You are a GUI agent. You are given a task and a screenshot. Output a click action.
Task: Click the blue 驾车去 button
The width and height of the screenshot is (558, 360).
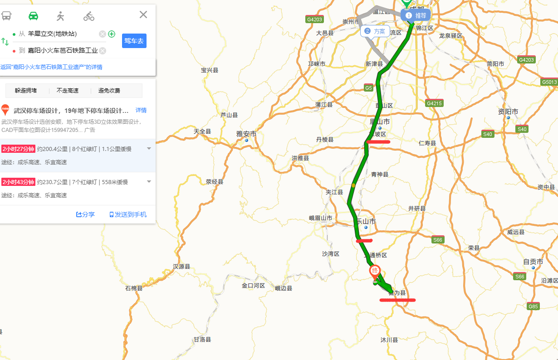tap(134, 41)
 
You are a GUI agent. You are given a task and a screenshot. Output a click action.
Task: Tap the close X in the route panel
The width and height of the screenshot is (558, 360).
tap(143, 15)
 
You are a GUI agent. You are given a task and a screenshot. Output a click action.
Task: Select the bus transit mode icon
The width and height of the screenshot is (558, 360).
tap(6, 16)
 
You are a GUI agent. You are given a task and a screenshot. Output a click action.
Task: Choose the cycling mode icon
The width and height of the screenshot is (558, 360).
tap(89, 16)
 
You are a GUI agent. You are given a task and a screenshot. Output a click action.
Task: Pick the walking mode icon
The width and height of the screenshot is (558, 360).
tap(60, 16)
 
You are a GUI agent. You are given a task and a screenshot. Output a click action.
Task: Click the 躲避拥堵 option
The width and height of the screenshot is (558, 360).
tap(26, 91)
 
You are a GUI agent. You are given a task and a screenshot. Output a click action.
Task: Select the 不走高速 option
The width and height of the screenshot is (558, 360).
tap(68, 91)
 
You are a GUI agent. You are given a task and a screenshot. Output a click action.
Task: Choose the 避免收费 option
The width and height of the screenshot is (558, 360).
tap(109, 91)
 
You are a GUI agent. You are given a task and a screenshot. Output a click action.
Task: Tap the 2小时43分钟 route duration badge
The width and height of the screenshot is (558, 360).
tap(18, 182)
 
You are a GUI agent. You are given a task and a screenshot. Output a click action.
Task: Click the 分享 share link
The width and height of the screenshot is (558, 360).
tap(85, 214)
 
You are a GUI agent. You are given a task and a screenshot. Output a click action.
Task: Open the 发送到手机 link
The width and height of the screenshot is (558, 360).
tap(128, 214)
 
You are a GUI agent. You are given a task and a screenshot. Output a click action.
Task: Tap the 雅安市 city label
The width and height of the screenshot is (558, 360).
tap(246, 134)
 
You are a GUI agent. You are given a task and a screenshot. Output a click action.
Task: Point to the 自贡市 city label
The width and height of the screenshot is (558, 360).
tap(533, 262)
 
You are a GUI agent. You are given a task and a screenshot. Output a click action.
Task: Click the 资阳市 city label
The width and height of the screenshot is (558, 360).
tap(508, 112)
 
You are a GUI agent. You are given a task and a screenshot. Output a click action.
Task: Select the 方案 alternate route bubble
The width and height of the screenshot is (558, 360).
tap(375, 31)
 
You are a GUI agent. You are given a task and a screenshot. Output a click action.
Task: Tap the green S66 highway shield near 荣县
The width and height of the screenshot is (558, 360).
tap(437, 240)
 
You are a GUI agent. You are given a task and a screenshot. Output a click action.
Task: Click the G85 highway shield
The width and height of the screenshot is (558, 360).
tap(533, 306)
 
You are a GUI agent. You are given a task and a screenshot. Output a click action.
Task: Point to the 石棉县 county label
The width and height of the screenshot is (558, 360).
tap(134, 288)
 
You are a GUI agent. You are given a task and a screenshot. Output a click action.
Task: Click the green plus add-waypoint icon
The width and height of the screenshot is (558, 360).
tap(112, 34)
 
